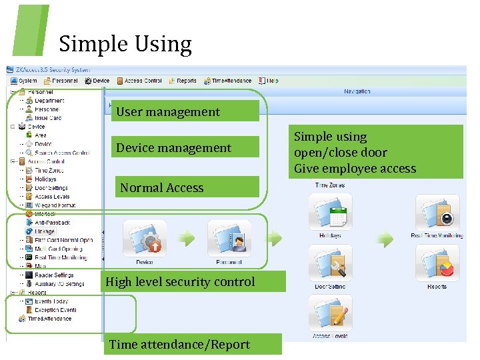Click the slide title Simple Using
click(125, 44)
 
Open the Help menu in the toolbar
click(269, 81)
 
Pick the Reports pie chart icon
click(437, 263)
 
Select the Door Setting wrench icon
click(329, 263)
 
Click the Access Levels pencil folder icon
click(329, 313)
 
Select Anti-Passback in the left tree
click(51, 223)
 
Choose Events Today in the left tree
click(51, 301)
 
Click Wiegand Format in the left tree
click(55, 205)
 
